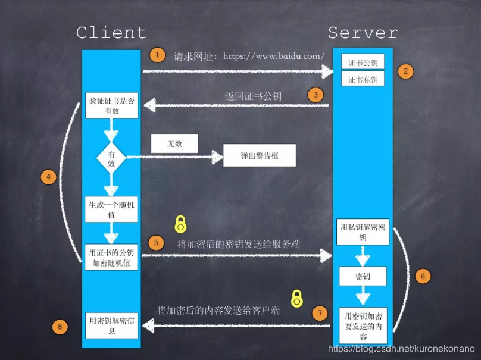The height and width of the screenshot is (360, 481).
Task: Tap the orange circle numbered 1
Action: (157, 55)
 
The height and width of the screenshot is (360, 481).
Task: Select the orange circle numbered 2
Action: (405, 71)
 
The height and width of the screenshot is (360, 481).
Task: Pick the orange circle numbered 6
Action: (421, 276)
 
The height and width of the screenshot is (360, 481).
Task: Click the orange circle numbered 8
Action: (60, 326)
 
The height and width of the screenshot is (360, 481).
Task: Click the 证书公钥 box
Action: (363, 62)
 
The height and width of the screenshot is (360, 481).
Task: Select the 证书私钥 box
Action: (363, 79)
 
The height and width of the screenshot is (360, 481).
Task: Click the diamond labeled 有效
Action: (111, 157)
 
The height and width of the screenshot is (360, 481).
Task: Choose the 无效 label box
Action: (174, 143)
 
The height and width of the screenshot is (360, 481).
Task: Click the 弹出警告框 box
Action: (259, 156)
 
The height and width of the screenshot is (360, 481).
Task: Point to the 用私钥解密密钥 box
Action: (363, 231)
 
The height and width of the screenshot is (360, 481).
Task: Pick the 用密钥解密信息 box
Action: (111, 325)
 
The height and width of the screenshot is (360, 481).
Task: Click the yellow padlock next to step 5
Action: (180, 225)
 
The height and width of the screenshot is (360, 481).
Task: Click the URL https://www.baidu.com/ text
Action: (274, 56)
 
